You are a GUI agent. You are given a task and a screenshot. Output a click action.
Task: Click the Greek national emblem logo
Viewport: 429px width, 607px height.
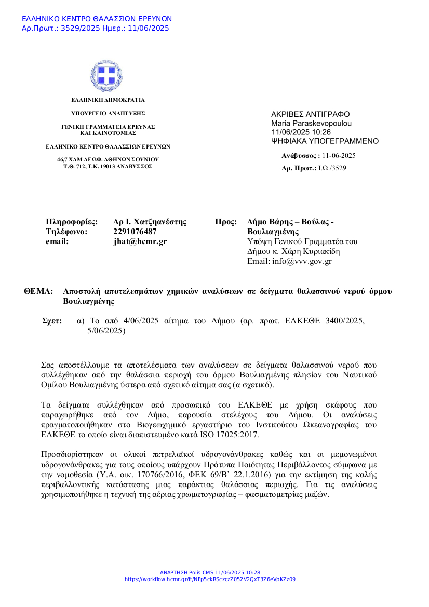point(108,75)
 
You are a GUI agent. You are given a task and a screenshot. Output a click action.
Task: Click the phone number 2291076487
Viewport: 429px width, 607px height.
point(135,232)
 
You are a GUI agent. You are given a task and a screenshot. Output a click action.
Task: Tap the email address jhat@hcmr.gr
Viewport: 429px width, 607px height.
point(140,241)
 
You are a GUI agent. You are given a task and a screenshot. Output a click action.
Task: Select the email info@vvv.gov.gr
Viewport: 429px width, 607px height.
point(302,261)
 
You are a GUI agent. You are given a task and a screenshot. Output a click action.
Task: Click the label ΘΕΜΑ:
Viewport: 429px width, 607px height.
point(39,291)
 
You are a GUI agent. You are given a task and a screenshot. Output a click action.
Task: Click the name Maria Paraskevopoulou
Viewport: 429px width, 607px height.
point(311,124)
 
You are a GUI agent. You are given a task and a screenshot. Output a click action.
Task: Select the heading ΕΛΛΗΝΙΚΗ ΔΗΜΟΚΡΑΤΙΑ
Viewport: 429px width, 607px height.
point(108,100)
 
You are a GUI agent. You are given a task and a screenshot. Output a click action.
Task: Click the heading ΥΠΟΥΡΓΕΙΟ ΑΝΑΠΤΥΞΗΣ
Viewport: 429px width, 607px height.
point(108,113)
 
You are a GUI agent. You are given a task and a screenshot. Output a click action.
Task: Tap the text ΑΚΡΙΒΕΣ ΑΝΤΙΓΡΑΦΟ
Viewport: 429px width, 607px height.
point(310,114)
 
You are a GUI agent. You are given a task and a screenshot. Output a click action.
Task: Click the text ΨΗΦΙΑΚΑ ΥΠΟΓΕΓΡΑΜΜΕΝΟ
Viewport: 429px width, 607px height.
point(325,141)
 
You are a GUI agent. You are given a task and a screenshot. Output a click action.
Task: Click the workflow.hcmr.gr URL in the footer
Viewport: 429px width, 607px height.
point(210,579)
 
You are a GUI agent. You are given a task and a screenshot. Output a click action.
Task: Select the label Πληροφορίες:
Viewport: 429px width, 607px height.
point(72,222)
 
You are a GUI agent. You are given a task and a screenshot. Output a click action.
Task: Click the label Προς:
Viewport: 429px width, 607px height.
point(226,222)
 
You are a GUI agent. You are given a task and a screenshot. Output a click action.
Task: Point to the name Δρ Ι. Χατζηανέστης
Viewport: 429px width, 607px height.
point(150,222)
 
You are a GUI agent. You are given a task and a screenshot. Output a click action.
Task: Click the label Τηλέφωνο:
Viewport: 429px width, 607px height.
point(67,232)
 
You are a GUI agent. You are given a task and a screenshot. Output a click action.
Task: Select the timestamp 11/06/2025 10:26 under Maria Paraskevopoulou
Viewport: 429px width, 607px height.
point(301,132)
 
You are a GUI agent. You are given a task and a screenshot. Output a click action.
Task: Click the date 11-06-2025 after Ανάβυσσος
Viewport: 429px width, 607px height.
point(339,155)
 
